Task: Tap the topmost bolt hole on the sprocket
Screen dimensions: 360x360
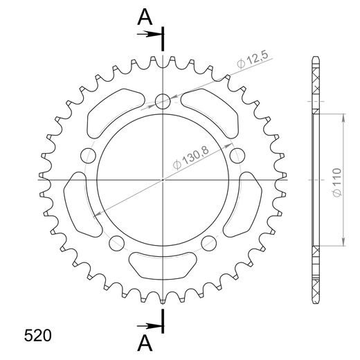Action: [x=163, y=102]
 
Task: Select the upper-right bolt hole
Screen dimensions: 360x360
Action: [x=236, y=154]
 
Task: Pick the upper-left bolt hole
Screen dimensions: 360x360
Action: [x=89, y=154]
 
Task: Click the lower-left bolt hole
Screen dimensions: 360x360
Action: [x=117, y=242]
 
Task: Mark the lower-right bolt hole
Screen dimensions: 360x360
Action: [x=208, y=242]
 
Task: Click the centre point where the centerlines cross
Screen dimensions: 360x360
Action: [x=163, y=179]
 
